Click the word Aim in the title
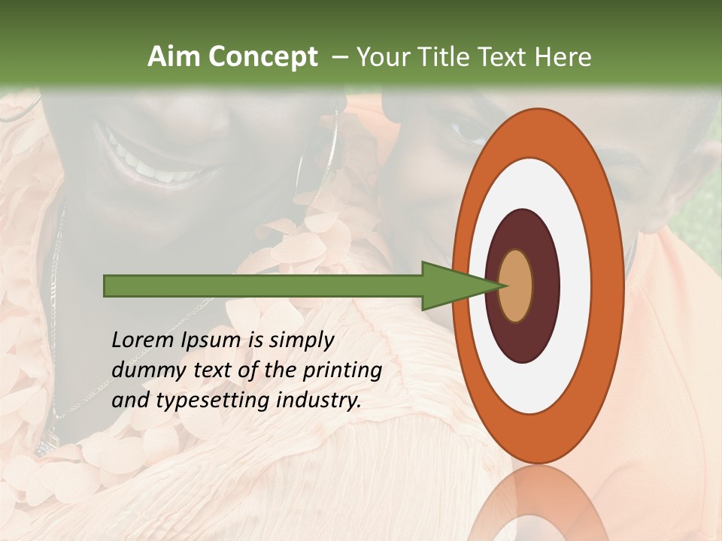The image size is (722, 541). (x=174, y=57)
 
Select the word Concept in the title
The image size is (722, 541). (x=262, y=57)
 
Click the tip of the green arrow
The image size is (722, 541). (x=503, y=286)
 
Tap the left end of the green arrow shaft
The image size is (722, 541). (x=108, y=286)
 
